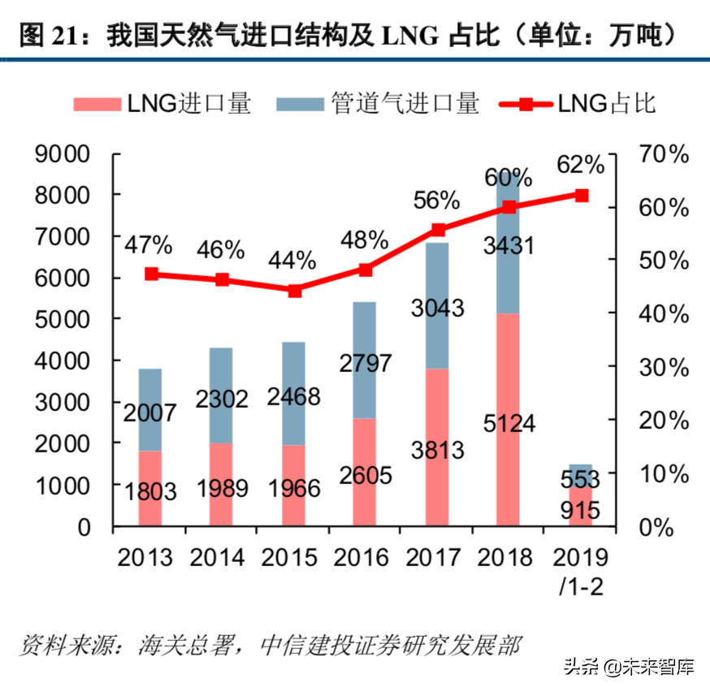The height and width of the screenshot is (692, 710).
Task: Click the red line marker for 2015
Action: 294,291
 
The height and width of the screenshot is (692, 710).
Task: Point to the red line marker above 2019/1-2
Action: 581,195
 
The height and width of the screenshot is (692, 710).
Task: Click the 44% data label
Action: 292,260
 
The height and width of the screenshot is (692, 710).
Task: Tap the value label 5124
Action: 508,424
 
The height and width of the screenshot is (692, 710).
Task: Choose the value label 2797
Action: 366,363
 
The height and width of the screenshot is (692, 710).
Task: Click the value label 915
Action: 578,510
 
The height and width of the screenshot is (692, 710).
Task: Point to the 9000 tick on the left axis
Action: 73,154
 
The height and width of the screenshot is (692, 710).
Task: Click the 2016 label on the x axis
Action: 366,557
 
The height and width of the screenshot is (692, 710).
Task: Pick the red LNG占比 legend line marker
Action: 526,104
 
